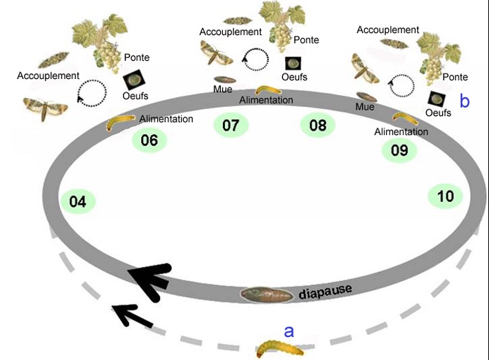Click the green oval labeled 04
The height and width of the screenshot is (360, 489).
[x=78, y=202]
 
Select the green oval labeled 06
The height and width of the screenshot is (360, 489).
[x=149, y=140]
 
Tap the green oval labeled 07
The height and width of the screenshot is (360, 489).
[x=231, y=126]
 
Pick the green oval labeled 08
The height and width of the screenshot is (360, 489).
[x=318, y=126]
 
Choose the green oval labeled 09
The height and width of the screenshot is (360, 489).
[x=399, y=150]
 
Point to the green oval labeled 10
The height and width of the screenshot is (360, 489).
[x=445, y=196]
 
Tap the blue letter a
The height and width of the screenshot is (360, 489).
[x=289, y=330]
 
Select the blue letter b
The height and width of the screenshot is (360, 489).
[x=464, y=101]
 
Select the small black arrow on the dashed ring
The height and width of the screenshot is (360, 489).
[x=130, y=315]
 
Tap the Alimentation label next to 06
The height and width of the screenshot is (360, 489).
[x=166, y=119]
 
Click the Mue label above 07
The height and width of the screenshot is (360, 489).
[x=223, y=89]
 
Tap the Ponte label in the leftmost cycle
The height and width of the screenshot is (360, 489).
[x=136, y=57]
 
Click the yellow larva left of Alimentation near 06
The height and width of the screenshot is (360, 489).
[x=120, y=124]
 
